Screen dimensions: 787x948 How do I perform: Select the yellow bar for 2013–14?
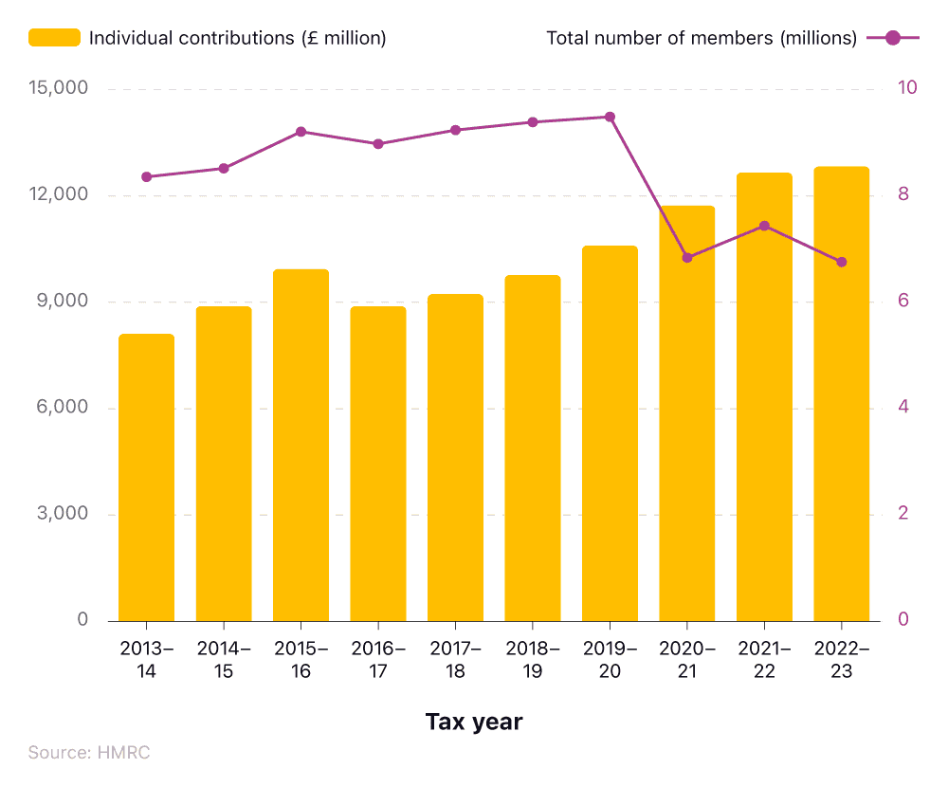(x=146, y=478)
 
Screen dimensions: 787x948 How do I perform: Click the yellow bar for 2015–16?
(x=301, y=446)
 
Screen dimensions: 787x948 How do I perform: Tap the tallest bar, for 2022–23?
(x=841, y=394)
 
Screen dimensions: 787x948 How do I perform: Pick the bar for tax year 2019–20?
(x=610, y=433)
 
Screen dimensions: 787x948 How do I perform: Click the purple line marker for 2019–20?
(x=610, y=118)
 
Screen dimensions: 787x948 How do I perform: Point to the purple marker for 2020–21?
(x=687, y=258)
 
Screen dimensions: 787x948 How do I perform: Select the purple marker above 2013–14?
(x=146, y=177)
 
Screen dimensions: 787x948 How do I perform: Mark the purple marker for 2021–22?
(x=764, y=226)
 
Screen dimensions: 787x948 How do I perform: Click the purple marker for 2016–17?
(x=377, y=144)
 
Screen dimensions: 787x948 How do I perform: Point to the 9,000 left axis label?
(x=62, y=302)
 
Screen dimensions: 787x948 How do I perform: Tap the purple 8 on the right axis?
(x=903, y=194)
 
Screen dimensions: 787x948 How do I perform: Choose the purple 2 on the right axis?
(x=903, y=514)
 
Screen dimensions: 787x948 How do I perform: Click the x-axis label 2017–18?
(x=455, y=660)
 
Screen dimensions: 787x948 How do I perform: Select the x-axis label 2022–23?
(x=841, y=660)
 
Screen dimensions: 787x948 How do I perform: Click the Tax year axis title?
(x=474, y=723)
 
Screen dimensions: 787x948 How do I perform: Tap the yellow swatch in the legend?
(x=54, y=38)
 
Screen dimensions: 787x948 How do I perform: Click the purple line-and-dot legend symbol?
(x=891, y=38)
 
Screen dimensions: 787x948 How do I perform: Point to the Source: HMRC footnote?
(x=89, y=753)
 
